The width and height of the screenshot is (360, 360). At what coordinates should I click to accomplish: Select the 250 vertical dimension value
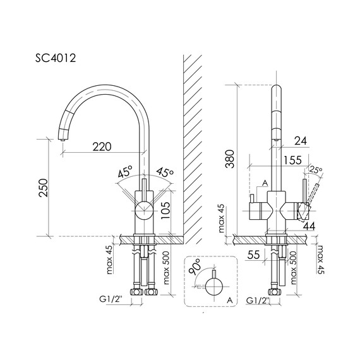click(44, 188)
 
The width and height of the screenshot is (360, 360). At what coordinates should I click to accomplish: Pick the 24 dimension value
click(301, 141)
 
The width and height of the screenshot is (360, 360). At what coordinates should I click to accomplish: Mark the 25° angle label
click(316, 171)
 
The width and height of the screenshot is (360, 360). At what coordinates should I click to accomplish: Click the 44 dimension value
click(309, 225)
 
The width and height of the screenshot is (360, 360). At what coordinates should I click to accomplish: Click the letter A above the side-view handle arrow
click(265, 182)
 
